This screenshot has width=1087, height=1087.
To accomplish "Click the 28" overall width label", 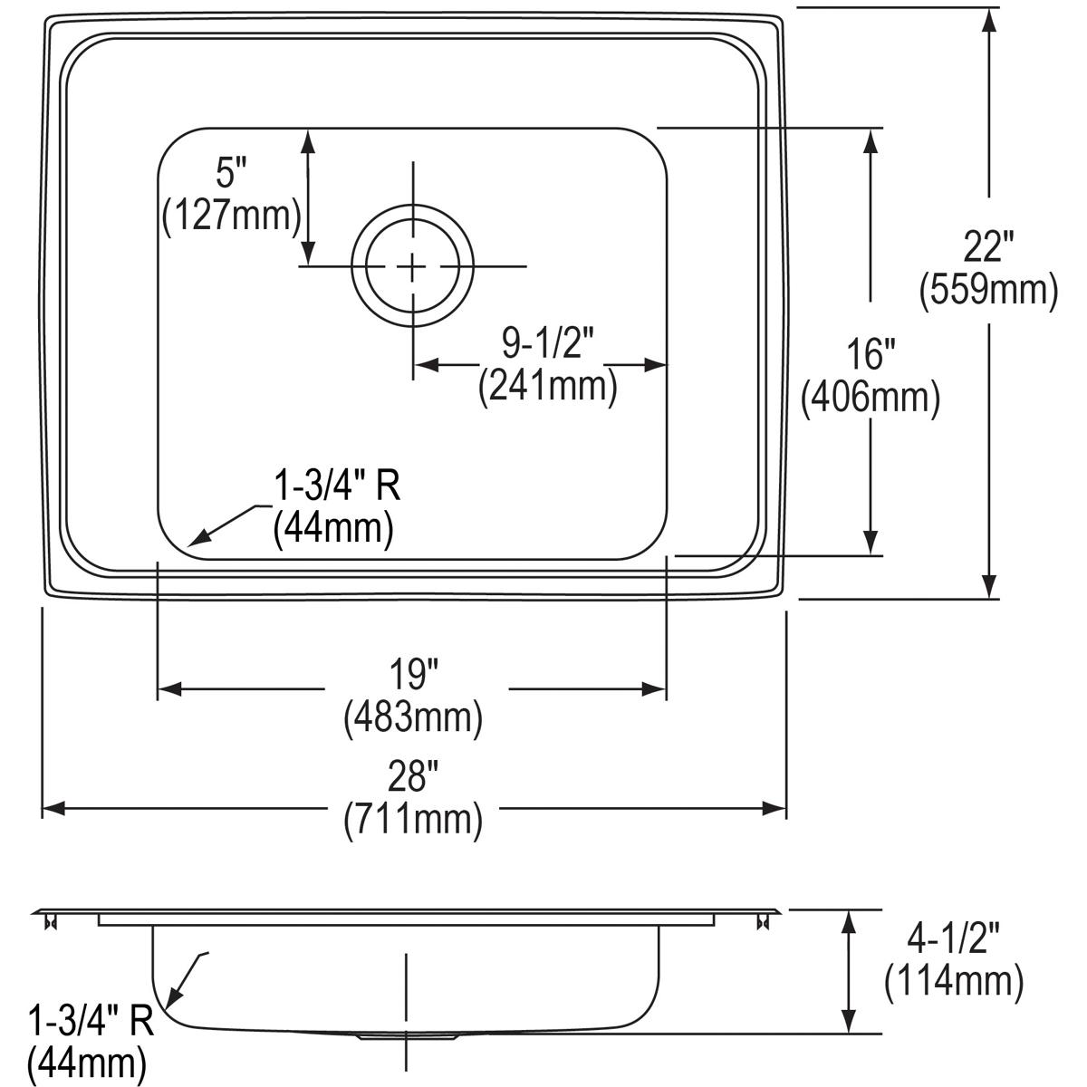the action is point(414,775).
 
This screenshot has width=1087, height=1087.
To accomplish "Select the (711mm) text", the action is point(413,819).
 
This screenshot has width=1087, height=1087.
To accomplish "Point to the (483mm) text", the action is point(413,717).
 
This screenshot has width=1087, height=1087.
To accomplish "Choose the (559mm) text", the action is point(989,291).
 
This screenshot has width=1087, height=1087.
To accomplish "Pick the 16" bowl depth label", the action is point(871,354).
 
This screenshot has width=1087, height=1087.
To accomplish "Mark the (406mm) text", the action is point(871,398).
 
